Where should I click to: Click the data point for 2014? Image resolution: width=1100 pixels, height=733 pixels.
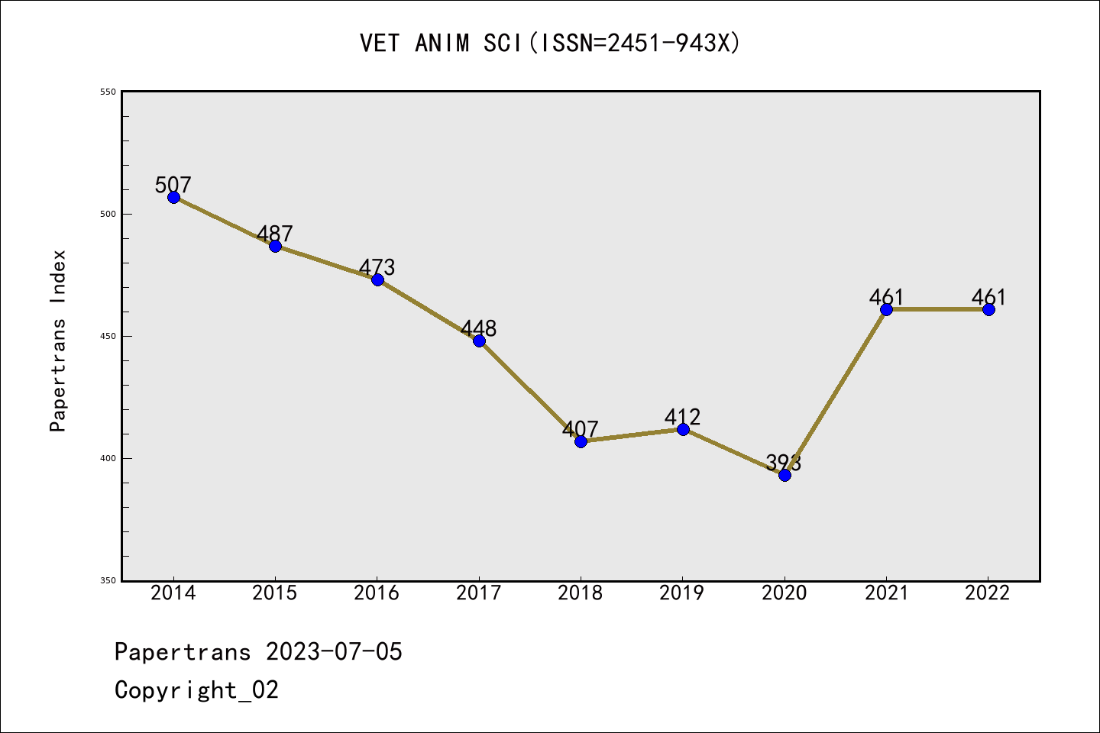[173, 197]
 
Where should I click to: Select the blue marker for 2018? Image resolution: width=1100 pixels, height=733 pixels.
[581, 441]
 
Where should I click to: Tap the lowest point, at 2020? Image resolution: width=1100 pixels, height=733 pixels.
[785, 475]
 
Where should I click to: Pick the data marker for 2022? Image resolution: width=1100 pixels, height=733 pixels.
[988, 309]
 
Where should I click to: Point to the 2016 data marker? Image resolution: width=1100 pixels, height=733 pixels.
[377, 279]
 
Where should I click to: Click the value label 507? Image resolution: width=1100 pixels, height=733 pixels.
[173, 185]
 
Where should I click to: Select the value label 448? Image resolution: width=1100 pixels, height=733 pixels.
[479, 328]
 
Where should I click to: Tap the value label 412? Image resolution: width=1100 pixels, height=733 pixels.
[682, 417]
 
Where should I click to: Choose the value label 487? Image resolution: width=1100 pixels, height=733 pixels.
[275, 234]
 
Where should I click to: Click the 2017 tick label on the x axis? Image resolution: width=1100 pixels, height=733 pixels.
[479, 593]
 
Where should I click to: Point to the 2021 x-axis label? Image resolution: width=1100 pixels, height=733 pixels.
[886, 593]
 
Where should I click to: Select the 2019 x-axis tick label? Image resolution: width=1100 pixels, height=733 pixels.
[682, 593]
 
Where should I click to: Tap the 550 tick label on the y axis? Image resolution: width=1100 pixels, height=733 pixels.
[108, 92]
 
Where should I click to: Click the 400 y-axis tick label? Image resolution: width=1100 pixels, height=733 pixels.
[108, 458]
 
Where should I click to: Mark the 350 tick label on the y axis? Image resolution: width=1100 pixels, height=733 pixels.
[108, 580]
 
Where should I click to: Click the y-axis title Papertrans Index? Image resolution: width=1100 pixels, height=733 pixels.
[58, 341]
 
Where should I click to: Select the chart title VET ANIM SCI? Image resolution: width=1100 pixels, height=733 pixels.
[550, 44]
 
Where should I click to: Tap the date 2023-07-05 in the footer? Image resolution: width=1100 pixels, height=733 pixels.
[334, 652]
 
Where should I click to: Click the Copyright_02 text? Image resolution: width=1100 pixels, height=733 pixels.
[197, 690]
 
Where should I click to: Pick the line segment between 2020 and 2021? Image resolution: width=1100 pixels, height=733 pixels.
[836, 392]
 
